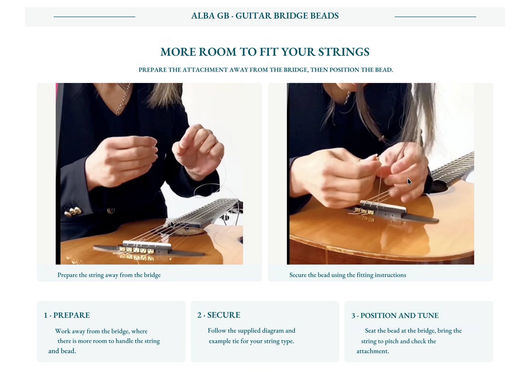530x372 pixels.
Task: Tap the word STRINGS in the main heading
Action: [x=344, y=52]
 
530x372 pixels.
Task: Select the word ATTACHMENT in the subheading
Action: [x=205, y=70]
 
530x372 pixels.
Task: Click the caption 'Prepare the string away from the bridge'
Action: [x=109, y=275]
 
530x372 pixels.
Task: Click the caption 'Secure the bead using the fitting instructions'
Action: [x=348, y=275]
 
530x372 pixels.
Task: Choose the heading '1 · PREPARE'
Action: [x=67, y=315]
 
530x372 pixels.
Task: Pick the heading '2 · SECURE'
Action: [x=219, y=315]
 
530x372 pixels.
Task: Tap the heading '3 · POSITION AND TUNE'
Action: [x=395, y=315]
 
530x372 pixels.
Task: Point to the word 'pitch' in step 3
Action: [x=392, y=341]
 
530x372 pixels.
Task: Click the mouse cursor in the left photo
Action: [x=173, y=225]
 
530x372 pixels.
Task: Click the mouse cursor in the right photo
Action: [x=410, y=182]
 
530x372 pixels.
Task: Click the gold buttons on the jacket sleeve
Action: [x=73, y=211]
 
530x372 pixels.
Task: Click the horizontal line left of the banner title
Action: [x=95, y=17]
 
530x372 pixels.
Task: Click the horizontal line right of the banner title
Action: [x=435, y=17]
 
